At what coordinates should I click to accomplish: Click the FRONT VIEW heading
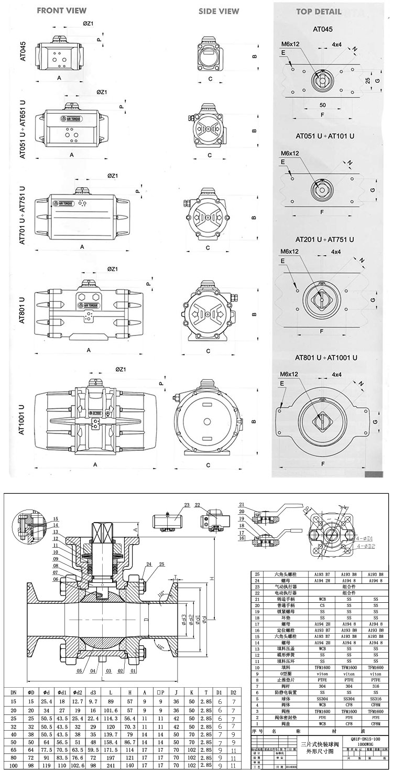(x=62, y=10)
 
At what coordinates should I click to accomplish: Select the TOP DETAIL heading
(x=318, y=11)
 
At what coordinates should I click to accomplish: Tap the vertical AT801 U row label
(x=22, y=310)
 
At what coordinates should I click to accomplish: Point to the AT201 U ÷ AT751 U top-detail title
(x=325, y=240)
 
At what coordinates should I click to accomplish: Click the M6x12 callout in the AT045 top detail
(x=290, y=44)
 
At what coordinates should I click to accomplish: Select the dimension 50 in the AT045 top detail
(x=322, y=105)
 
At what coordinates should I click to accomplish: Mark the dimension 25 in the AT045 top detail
(x=368, y=81)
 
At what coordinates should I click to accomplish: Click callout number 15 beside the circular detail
(x=56, y=519)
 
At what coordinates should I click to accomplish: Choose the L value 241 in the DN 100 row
(x=111, y=765)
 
